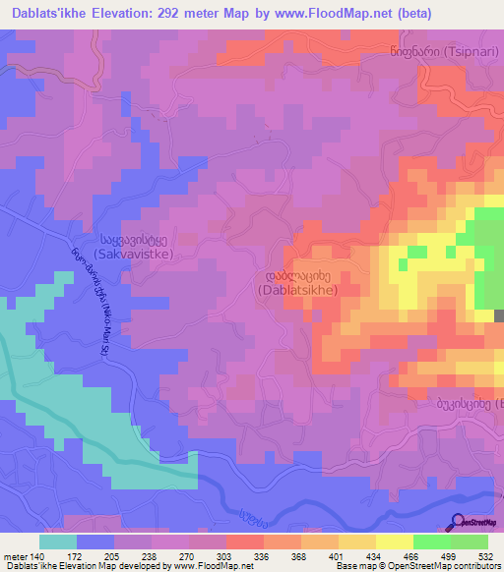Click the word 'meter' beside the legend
(17, 555)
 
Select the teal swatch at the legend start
(58, 542)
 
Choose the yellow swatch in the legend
(394, 542)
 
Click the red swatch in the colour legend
(245, 542)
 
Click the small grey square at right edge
(499, 315)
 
